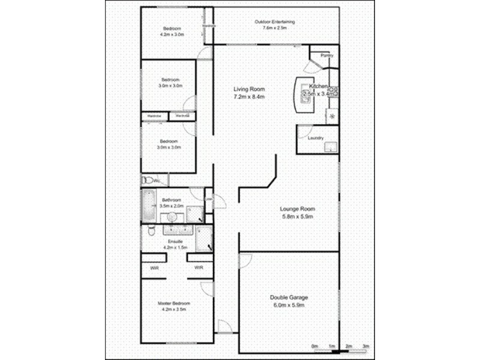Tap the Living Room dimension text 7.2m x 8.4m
pos(249,97)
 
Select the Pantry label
pos(326,56)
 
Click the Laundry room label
pos(316,138)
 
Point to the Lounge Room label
pos(298,209)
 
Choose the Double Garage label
pos(289,298)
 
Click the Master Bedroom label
pos(174,304)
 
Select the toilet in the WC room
pos(146,180)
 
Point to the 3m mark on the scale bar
pos(365,346)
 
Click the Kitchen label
pos(319,86)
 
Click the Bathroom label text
pos(172,199)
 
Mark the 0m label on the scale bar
pos(314,346)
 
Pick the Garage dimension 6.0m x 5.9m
pos(289,305)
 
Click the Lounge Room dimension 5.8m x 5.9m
pos(298,216)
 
